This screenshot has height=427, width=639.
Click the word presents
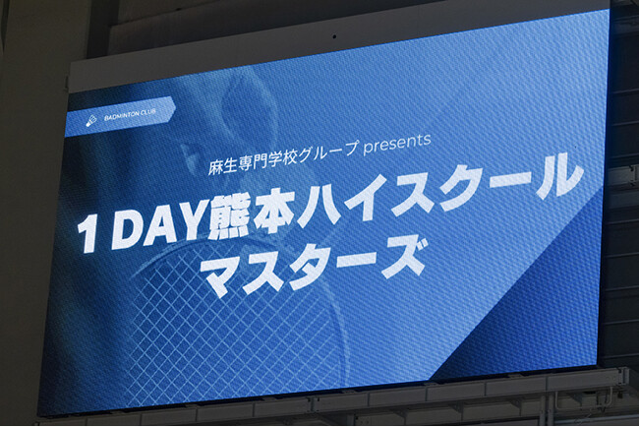[x=397, y=141]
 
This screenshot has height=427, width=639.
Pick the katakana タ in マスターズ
[x=319, y=269]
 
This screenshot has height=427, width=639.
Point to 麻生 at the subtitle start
[x=193, y=158]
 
